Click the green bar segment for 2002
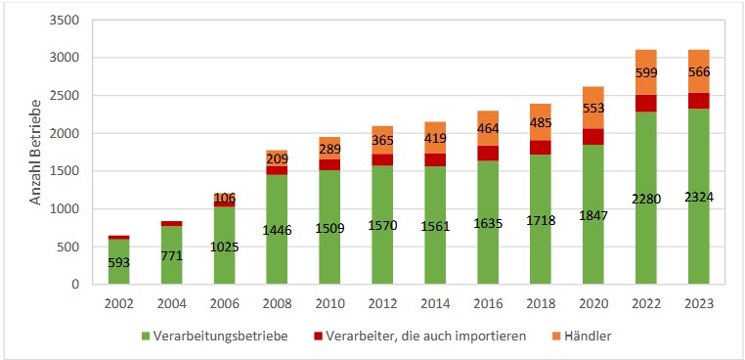pos(117,261)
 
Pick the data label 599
pos(645,74)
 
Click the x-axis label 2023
pos(698,302)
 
